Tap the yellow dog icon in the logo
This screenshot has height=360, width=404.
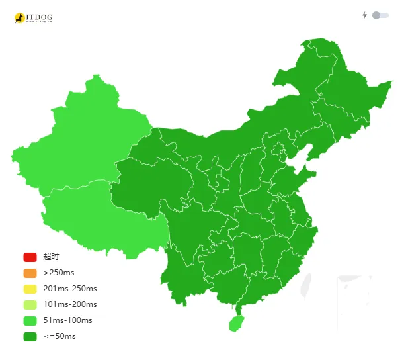point(20,18)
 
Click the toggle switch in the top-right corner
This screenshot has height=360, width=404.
point(380,15)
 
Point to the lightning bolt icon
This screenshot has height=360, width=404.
point(364,15)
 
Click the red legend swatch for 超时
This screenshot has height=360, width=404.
point(30,257)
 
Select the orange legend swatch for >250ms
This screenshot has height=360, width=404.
point(30,273)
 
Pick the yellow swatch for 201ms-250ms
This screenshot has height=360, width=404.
point(30,289)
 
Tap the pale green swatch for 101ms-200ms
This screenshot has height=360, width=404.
point(30,304)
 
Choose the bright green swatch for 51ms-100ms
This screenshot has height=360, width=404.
point(30,320)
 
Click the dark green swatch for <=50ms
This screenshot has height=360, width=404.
point(30,336)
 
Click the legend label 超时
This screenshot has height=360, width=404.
point(51,257)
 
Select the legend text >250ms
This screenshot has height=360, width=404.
point(59,273)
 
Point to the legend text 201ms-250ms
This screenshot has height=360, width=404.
point(70,289)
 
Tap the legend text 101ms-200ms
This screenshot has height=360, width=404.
point(70,304)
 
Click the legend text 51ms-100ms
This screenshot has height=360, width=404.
point(67,320)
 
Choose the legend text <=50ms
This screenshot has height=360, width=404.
point(60,336)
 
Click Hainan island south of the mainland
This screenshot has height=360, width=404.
point(235,323)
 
